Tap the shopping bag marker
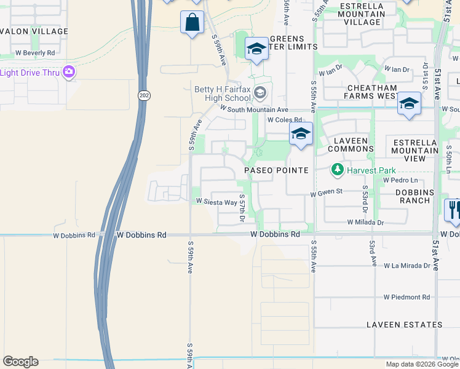(x=192, y=23)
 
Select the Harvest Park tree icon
(x=337, y=169)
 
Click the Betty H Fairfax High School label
(x=223, y=93)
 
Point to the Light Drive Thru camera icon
(x=69, y=73)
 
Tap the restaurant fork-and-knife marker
(x=454, y=209)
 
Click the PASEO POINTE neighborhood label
(x=276, y=170)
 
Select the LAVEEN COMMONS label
(x=351, y=145)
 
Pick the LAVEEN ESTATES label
(x=403, y=324)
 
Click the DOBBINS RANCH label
(x=407, y=197)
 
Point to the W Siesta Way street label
(x=216, y=202)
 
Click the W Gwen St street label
(x=326, y=193)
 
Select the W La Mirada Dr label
(x=407, y=266)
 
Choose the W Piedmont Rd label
(x=407, y=297)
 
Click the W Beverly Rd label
(x=34, y=53)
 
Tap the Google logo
(x=20, y=362)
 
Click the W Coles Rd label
(x=284, y=120)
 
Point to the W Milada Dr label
(x=365, y=222)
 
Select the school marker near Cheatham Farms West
(x=408, y=103)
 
